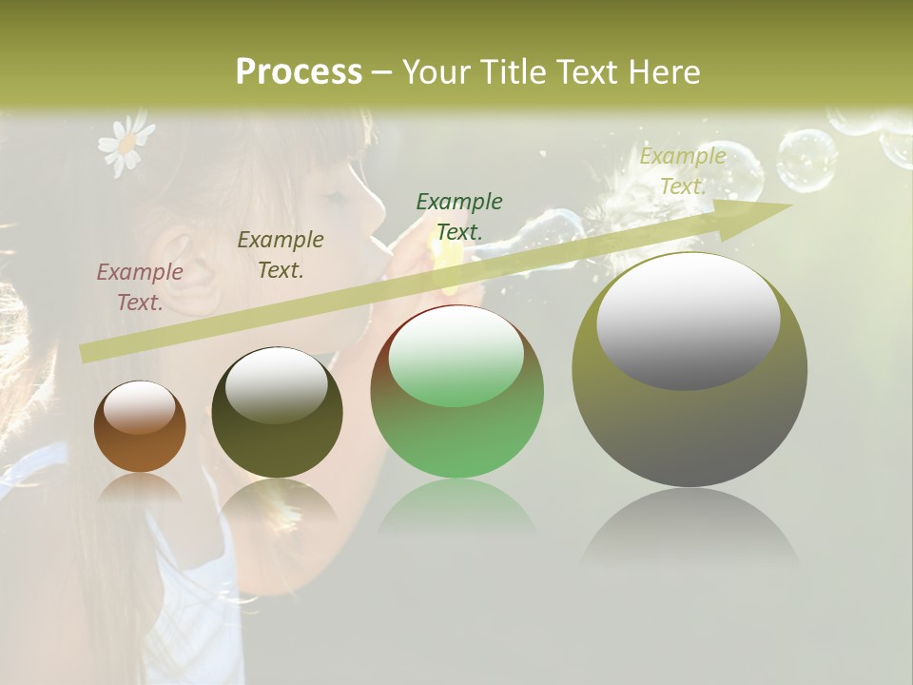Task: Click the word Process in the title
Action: point(299,72)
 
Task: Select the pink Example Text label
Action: point(140,286)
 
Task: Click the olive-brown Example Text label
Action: point(281,254)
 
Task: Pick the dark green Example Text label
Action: point(459,216)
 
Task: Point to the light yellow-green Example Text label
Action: point(683,171)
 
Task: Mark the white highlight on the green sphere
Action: point(456,356)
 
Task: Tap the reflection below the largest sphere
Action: point(690,533)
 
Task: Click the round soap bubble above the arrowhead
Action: point(806,160)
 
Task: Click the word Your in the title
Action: point(439,72)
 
